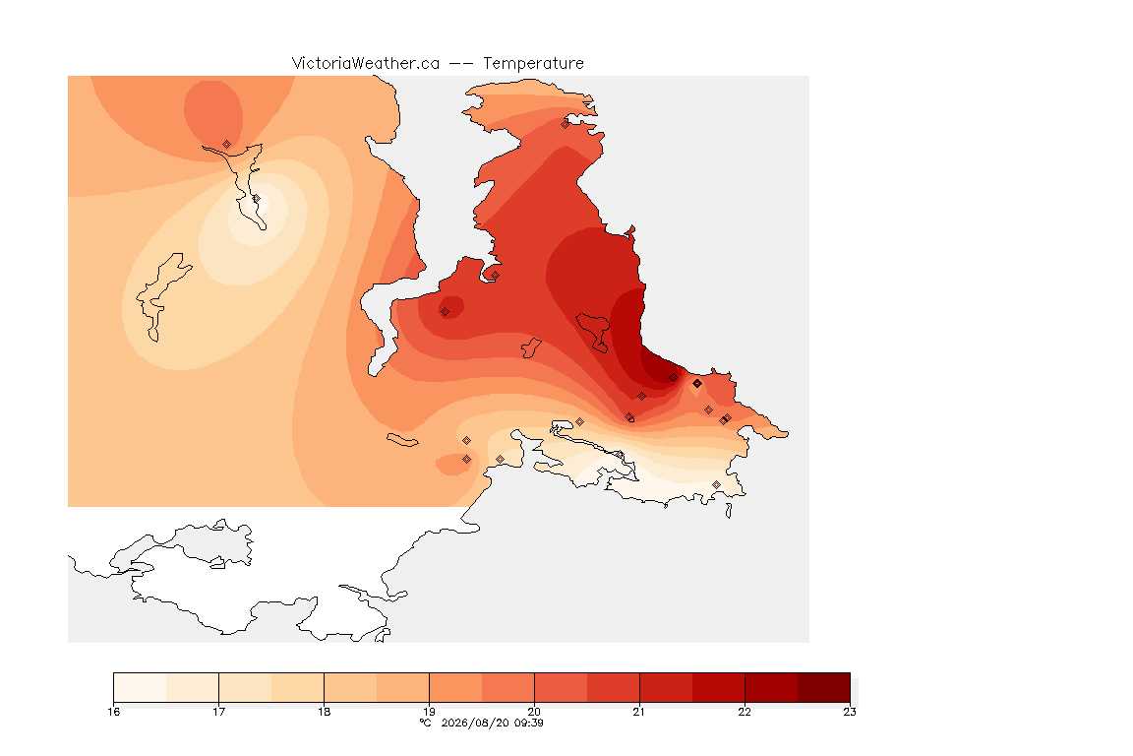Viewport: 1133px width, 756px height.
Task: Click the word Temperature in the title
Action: coord(533,64)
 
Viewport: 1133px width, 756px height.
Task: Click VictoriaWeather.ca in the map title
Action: coord(366,64)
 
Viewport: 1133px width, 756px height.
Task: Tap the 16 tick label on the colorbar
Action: coord(113,712)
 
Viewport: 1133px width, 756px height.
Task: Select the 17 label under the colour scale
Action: coord(219,712)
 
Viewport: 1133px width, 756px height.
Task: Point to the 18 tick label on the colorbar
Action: coord(324,712)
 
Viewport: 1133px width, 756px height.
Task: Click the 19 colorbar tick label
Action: coord(429,712)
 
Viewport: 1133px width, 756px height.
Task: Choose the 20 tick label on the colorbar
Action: coord(534,712)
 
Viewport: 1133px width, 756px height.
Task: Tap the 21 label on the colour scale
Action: coord(638,712)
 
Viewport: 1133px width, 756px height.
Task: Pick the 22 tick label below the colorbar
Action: coord(745,712)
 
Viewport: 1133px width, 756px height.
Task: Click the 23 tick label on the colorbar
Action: coord(850,712)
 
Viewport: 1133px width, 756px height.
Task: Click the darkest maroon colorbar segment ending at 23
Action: coord(824,687)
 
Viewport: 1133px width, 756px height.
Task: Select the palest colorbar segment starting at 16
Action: coord(141,687)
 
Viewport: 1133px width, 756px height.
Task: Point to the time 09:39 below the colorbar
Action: coord(528,723)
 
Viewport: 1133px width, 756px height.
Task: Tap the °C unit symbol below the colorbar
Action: coord(426,723)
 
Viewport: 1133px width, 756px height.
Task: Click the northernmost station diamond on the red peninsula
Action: coord(566,124)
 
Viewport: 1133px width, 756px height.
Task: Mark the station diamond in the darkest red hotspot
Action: coord(674,378)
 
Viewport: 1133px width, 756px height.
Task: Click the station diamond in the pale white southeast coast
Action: coord(716,484)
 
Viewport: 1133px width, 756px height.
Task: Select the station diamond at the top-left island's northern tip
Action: coord(227,145)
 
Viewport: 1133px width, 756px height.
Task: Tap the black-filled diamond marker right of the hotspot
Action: coord(696,384)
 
